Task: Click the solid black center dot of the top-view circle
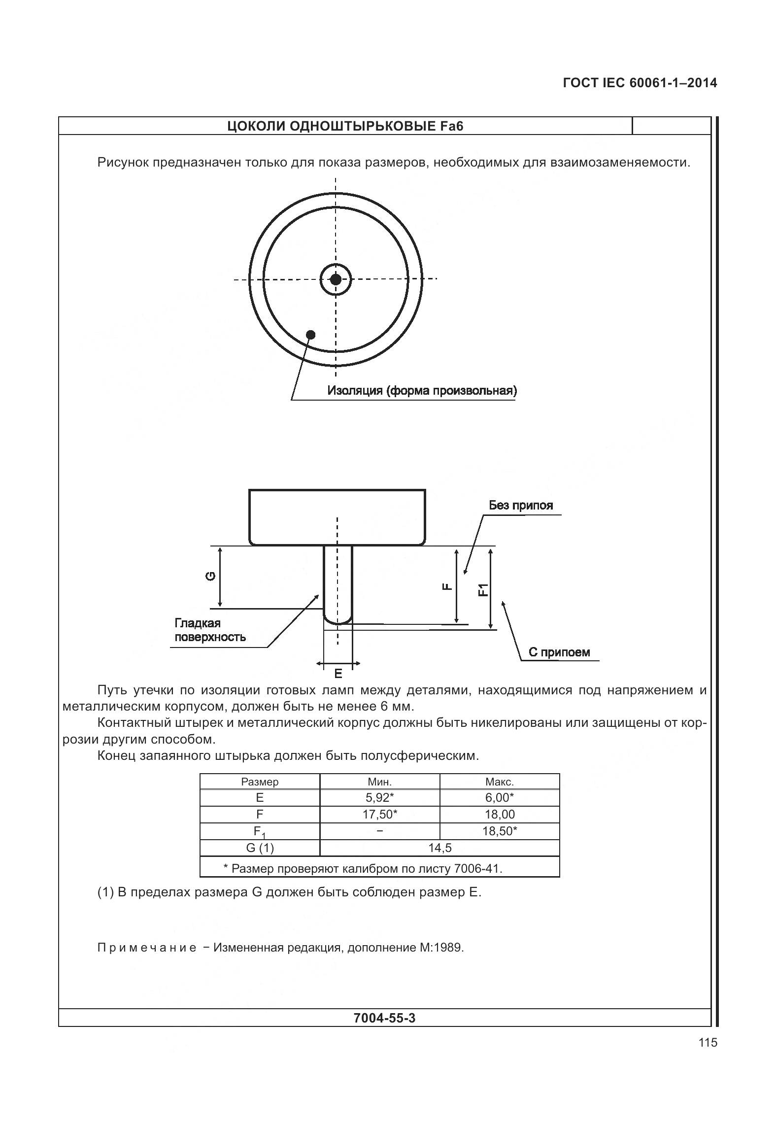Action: click(x=336, y=279)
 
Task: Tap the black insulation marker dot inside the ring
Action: click(x=310, y=335)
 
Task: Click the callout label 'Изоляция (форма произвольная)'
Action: click(x=422, y=391)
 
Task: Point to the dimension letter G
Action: click(x=210, y=576)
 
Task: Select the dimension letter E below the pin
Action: click(x=338, y=674)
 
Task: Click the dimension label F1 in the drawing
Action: click(x=483, y=589)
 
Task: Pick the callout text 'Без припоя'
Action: click(x=521, y=505)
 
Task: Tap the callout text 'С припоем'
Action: click(x=559, y=652)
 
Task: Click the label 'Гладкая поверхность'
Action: click(x=210, y=630)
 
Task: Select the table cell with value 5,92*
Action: click(x=380, y=797)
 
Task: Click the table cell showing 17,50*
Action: click(x=380, y=814)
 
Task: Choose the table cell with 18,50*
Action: click(x=500, y=831)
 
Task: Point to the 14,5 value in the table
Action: click(x=440, y=848)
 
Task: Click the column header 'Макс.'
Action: click(x=500, y=782)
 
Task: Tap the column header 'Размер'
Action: click(x=260, y=782)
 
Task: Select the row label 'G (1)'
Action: click(x=260, y=848)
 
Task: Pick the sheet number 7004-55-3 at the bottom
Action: click(x=385, y=1018)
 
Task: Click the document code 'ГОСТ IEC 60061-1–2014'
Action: click(x=640, y=83)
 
